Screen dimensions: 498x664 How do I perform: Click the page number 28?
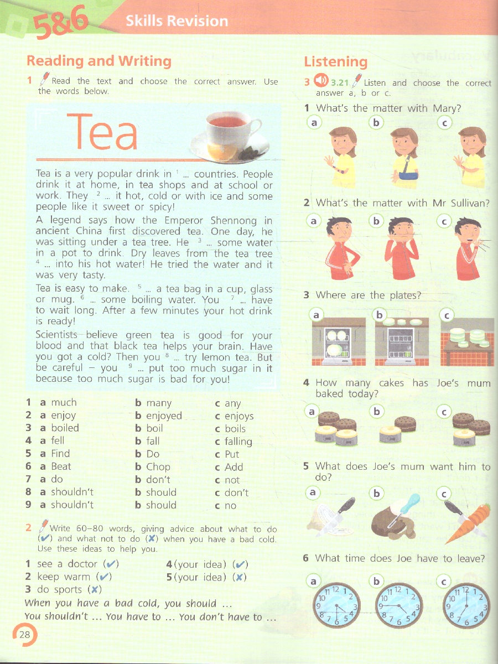pyautogui.click(x=24, y=634)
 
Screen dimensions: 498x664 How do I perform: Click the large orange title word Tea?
pyautogui.click(x=102, y=132)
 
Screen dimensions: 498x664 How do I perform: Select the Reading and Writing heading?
pyautogui.click(x=99, y=60)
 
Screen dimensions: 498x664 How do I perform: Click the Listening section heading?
pyautogui.click(x=336, y=62)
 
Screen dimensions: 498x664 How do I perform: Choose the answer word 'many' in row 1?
pyautogui.click(x=159, y=403)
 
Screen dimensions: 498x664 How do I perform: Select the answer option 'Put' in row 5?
pyautogui.click(x=232, y=454)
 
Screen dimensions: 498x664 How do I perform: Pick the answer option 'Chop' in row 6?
pyautogui.click(x=158, y=467)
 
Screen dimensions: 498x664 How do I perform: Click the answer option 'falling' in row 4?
pyautogui.click(x=238, y=442)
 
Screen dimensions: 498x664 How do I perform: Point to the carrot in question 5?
pyautogui.click(x=467, y=525)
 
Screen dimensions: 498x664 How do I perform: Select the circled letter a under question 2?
pyautogui.click(x=314, y=221)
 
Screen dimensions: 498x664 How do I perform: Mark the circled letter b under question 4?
pyautogui.click(x=376, y=412)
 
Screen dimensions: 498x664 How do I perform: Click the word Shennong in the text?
pyautogui.click(x=234, y=221)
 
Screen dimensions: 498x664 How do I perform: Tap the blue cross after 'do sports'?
pyautogui.click(x=94, y=589)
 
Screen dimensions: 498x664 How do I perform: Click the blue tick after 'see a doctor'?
pyautogui.click(x=111, y=563)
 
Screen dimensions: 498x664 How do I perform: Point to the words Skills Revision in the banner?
pyautogui.click(x=177, y=21)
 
